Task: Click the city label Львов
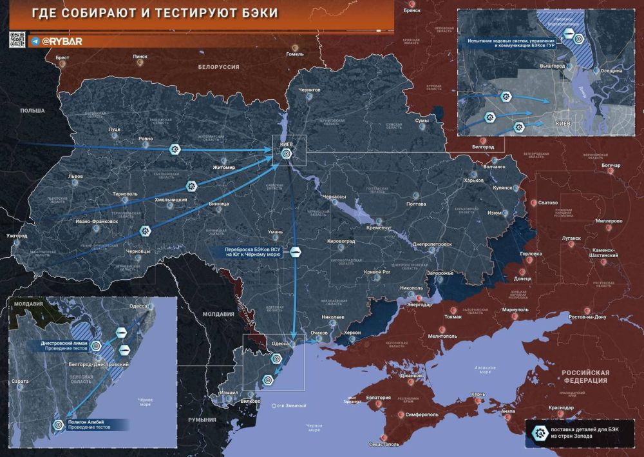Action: pos(75,176)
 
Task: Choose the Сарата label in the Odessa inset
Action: pos(20,382)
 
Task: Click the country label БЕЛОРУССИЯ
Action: pos(219,67)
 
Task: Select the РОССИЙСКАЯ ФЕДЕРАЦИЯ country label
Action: pos(585,377)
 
